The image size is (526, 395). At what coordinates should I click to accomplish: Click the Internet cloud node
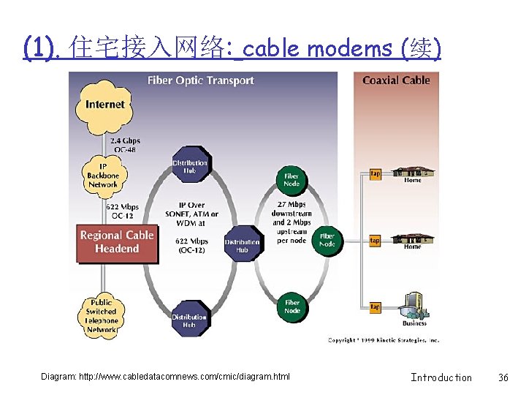pos(104,105)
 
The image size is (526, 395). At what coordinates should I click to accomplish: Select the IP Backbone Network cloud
pos(103,176)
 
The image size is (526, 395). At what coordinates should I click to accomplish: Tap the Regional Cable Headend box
pos(117,242)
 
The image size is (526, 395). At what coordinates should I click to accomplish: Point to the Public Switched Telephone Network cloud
pos(102,316)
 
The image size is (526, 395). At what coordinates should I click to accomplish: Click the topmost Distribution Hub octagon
pos(190,168)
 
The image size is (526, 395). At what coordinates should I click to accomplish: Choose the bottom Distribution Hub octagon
pos(189,320)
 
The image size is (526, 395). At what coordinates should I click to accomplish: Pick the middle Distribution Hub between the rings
pos(242,246)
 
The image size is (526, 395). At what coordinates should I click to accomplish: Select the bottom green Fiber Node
pos(292,306)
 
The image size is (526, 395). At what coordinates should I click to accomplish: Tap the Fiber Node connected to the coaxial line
pos(327,240)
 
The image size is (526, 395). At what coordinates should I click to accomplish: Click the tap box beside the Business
pos(375,307)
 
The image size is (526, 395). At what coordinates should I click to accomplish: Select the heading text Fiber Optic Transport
pos(201,80)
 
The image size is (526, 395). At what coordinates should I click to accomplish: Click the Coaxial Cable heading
pos(396,80)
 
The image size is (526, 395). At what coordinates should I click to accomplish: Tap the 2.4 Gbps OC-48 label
pos(125,145)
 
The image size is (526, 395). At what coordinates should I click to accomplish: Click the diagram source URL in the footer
pos(166,377)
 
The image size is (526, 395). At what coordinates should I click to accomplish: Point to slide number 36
pos(503,377)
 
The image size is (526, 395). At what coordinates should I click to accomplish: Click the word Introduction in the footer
pos(441,377)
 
